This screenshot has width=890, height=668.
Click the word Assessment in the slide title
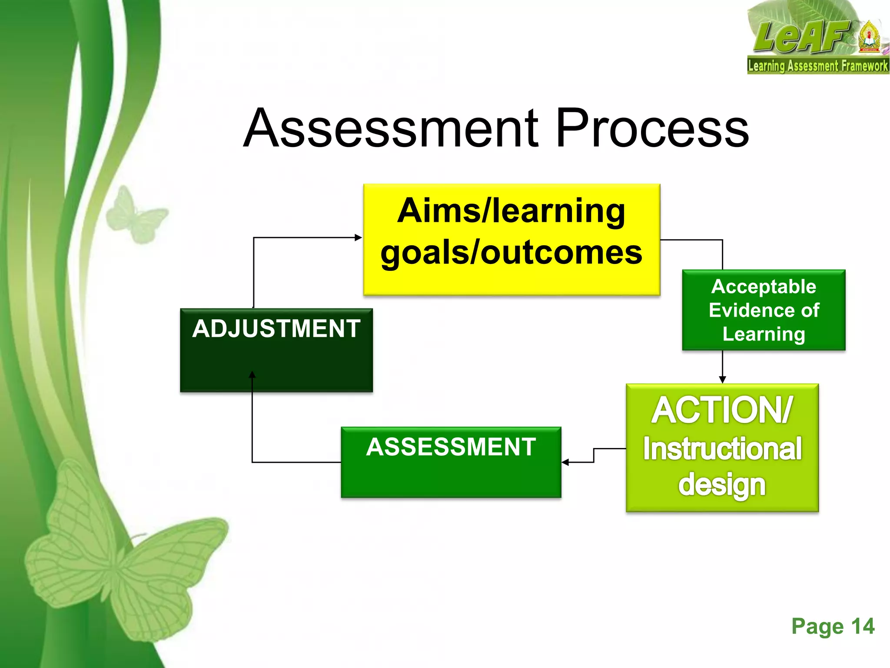391,129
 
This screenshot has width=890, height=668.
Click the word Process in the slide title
652,129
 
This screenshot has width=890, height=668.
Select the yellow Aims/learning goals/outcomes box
511,239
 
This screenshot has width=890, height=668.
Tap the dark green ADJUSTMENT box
276,350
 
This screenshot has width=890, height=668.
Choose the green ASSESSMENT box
451,462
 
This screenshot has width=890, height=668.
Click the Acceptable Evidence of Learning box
764,310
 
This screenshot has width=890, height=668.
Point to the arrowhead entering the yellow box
358,237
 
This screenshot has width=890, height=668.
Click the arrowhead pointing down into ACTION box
722,379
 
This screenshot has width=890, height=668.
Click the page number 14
863,627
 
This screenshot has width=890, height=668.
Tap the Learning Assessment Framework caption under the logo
817,66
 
